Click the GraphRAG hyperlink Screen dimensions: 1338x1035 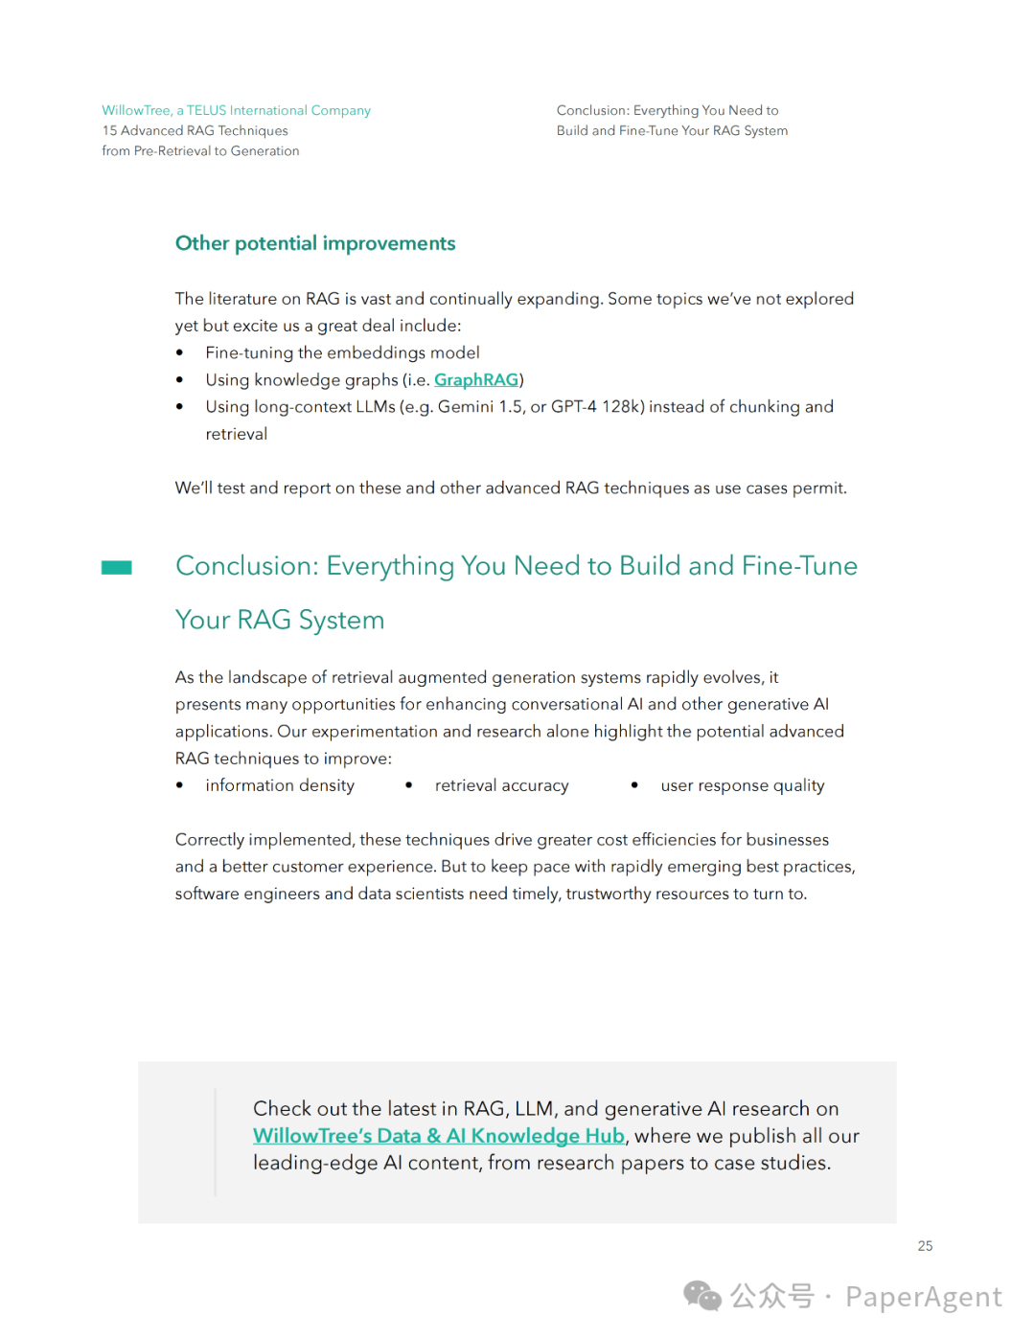point(476,380)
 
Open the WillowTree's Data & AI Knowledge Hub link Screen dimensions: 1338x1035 point(438,1136)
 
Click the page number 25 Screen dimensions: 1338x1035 point(925,1246)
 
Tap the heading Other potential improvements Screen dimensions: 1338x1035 point(315,243)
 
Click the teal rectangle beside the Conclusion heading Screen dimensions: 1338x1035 point(117,568)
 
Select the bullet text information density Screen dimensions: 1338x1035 point(279,785)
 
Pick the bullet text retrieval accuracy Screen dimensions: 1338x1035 point(501,785)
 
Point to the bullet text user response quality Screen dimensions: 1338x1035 point(742,785)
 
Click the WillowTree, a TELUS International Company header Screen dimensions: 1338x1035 point(236,110)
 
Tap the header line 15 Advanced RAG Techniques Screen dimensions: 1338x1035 point(195,130)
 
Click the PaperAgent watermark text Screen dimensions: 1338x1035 point(923,1297)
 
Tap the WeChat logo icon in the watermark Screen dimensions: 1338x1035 point(701,1296)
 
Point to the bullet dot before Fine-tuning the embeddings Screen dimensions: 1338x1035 point(179,353)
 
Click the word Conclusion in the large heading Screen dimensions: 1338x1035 point(246,566)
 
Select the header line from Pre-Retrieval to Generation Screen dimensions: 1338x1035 point(200,150)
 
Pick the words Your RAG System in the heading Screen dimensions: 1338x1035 point(280,621)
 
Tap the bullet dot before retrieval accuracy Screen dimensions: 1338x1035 point(409,785)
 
